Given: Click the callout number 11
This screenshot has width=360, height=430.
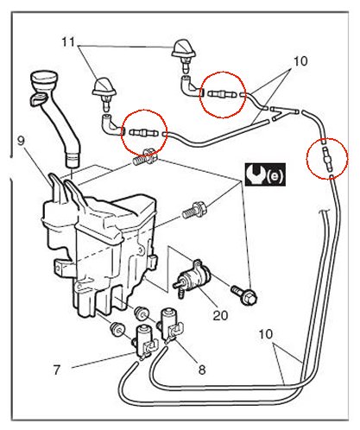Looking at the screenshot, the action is (68, 42).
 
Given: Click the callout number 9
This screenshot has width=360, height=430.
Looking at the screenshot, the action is (21, 141).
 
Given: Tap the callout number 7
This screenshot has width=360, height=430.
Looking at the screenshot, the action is (57, 370).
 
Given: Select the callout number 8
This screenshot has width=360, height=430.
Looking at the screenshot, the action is (202, 370).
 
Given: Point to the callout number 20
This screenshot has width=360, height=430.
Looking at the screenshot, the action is (220, 315).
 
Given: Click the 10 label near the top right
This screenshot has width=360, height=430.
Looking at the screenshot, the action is (300, 61).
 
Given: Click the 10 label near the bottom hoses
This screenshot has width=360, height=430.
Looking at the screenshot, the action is (265, 334).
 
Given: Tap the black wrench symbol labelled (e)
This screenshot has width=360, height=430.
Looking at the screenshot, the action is (265, 174).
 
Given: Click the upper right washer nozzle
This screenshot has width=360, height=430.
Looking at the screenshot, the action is (184, 54).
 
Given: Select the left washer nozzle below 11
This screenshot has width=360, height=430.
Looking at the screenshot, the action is (104, 92).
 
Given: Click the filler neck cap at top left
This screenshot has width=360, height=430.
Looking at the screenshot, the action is (45, 79).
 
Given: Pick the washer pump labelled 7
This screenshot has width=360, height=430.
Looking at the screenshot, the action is (146, 342).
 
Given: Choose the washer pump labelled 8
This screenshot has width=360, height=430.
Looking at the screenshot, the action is (171, 326).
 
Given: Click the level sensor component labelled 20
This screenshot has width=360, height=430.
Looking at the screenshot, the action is (192, 278).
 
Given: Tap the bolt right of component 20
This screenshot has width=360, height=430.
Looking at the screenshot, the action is (243, 294).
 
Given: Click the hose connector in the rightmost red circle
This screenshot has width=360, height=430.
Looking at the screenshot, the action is (327, 158).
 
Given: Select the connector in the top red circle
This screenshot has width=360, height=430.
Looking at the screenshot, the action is (222, 94).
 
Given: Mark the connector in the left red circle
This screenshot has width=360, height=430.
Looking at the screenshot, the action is (143, 133).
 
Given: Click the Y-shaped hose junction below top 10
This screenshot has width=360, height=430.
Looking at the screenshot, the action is (284, 112).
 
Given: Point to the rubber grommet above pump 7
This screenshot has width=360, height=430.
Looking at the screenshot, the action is (117, 329).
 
